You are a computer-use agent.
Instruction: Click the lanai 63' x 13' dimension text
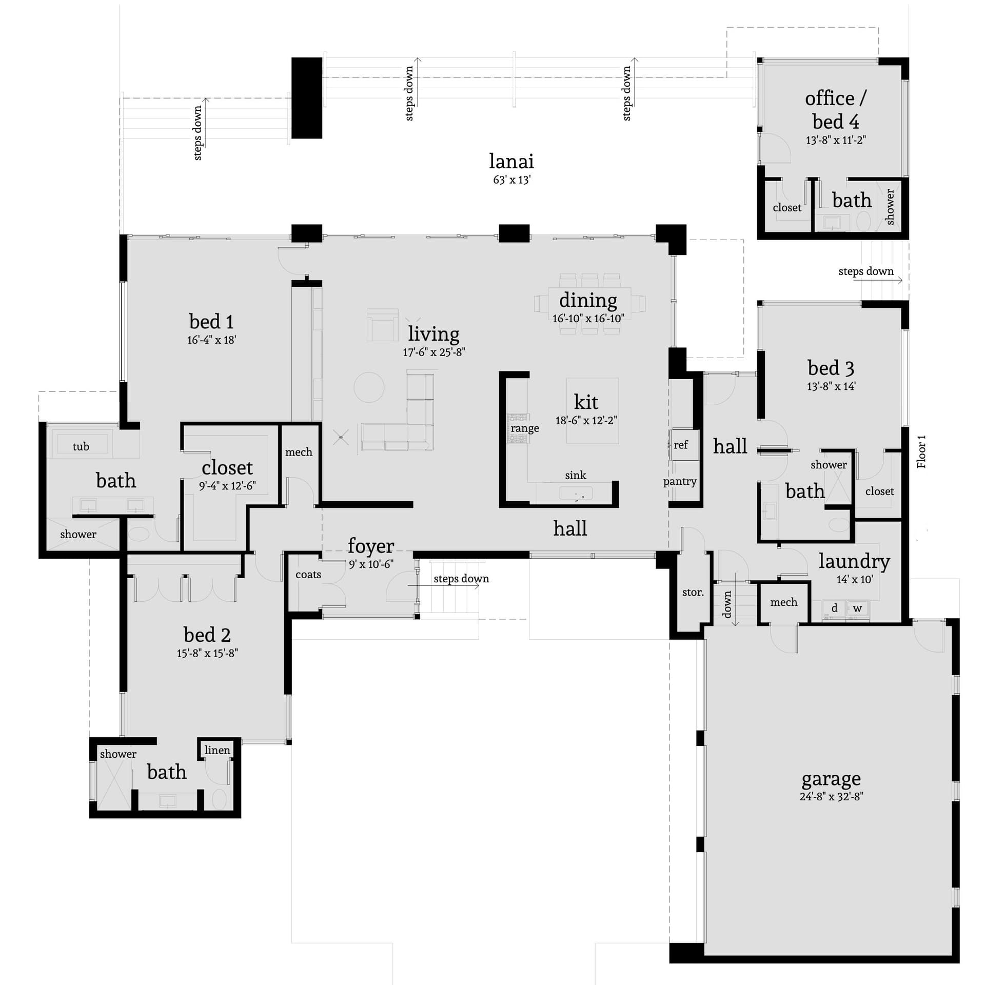point(511,180)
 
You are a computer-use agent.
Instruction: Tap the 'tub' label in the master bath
point(81,446)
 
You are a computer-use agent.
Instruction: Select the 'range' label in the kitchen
point(524,428)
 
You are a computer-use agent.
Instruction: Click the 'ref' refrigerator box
point(682,445)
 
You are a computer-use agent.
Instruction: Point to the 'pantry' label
point(680,481)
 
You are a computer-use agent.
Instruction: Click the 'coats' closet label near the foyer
point(308,575)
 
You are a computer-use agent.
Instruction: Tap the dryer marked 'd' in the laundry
point(834,608)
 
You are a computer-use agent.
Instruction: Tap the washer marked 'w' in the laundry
point(857,608)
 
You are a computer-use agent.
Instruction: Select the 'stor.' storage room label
point(693,592)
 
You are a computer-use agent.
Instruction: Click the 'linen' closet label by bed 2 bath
point(217,750)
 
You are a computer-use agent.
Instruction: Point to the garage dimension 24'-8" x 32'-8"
point(831,796)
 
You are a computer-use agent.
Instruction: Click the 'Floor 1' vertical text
point(921,451)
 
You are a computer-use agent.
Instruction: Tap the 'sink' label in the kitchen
point(575,475)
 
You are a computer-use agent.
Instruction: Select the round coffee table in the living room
point(369,387)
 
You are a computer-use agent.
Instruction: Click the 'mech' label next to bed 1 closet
point(299,452)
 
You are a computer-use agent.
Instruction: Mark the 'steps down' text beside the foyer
point(461,579)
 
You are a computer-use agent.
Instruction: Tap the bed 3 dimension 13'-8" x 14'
point(831,386)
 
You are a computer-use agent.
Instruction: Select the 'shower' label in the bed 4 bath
point(890,207)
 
